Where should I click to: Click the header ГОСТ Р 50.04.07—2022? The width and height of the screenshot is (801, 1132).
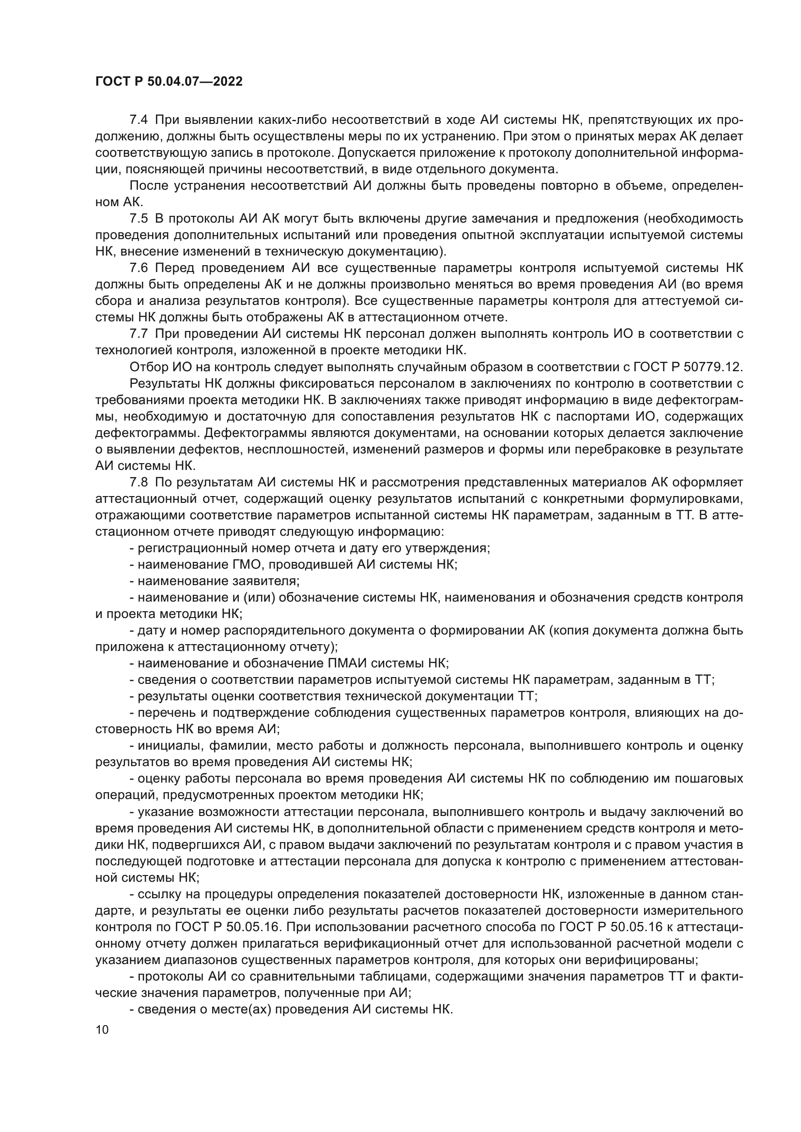[169, 82]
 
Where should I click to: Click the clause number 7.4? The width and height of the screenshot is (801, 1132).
[138, 120]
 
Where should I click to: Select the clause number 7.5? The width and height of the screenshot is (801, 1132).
[138, 218]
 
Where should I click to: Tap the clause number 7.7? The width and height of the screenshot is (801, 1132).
[138, 334]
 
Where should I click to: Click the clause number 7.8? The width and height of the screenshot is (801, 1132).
[138, 482]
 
